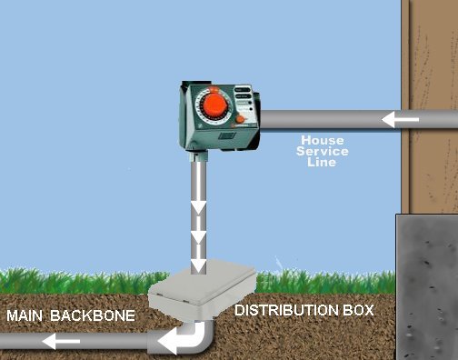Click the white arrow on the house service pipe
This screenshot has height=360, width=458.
point(401,119)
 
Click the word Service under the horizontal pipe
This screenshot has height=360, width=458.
point(323,152)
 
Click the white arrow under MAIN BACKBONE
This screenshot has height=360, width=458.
point(63,343)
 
